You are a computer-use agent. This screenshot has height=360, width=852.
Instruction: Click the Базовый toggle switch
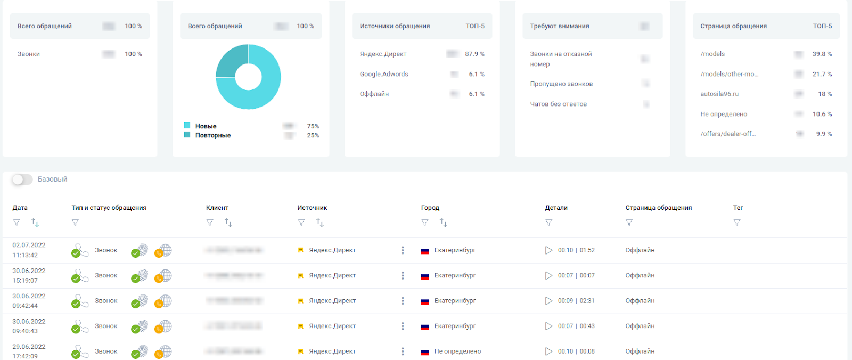pyautogui.click(x=22, y=179)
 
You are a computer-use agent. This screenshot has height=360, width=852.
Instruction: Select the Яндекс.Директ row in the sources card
pyautogui.click(x=383, y=54)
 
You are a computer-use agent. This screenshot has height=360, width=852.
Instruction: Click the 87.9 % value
pyautogui.click(x=474, y=54)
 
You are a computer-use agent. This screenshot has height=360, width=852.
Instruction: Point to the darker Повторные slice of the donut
pyautogui.click(x=231, y=60)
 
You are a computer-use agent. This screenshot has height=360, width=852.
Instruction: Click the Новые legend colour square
pyautogui.click(x=187, y=126)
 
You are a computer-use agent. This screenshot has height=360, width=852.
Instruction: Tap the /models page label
pyautogui.click(x=712, y=54)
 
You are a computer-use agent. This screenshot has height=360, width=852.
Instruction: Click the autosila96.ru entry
pyautogui.click(x=719, y=94)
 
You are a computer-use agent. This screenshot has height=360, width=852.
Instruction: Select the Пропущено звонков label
pyautogui.click(x=561, y=84)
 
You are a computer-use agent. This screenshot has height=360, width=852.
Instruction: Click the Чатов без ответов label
pyautogui.click(x=558, y=104)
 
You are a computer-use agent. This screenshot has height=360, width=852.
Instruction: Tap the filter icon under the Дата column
pyautogui.click(x=17, y=223)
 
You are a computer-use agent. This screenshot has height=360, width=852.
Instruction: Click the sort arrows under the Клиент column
pyautogui.click(x=228, y=223)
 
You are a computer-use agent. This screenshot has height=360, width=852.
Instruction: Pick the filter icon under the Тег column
pyautogui.click(x=737, y=223)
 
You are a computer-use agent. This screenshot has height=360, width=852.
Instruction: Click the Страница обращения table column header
pyautogui.click(x=658, y=208)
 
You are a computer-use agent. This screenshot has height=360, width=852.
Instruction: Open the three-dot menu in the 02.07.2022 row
pyautogui.click(x=403, y=250)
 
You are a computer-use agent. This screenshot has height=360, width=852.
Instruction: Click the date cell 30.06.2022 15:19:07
pyautogui.click(x=29, y=275)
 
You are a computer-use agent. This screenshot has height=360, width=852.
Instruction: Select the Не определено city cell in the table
pyautogui.click(x=457, y=351)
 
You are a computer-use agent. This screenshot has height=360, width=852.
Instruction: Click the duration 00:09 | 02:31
pyautogui.click(x=576, y=301)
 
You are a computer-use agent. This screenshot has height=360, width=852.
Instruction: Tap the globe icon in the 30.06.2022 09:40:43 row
pyautogui.click(x=166, y=326)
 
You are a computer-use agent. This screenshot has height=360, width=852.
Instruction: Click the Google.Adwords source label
pyautogui.click(x=384, y=74)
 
